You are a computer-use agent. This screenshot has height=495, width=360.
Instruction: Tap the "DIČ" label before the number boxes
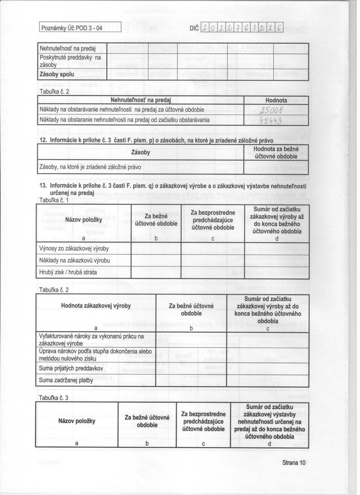pos(194,28)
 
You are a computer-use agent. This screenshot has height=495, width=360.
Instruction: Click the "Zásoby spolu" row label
pos(56,75)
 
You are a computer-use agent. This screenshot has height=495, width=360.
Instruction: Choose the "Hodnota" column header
pos(276,100)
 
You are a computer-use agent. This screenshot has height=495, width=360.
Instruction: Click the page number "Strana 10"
pos(293,463)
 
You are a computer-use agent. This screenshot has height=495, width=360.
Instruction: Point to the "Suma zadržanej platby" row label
pos(66,380)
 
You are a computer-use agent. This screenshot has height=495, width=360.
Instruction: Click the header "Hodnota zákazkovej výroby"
pos(96,306)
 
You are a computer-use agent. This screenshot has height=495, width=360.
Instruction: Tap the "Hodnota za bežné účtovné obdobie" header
pos(276,152)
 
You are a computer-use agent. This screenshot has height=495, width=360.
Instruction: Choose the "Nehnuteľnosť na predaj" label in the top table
pos(67,48)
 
